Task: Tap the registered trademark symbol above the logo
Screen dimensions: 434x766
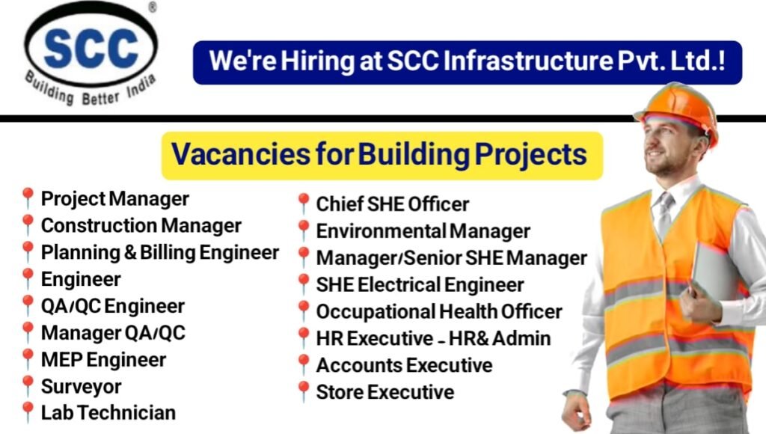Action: tap(153, 7)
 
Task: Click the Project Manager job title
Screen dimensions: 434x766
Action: tap(114, 199)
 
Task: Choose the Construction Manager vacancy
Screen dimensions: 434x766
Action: tap(141, 225)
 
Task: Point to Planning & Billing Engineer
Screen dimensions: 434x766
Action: tap(159, 252)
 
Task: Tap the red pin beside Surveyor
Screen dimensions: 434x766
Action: tap(28, 385)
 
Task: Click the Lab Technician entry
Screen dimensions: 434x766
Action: tap(108, 412)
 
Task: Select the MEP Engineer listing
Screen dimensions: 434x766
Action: tap(103, 359)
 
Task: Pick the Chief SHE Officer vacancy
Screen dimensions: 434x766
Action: tap(392, 204)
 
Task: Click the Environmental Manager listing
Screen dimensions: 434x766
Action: tap(423, 231)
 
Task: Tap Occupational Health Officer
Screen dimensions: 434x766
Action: tap(438, 311)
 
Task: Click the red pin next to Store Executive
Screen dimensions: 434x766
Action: tap(303, 391)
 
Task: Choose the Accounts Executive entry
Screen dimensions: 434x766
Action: tap(404, 365)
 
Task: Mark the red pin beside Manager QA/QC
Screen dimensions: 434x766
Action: tap(28, 331)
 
